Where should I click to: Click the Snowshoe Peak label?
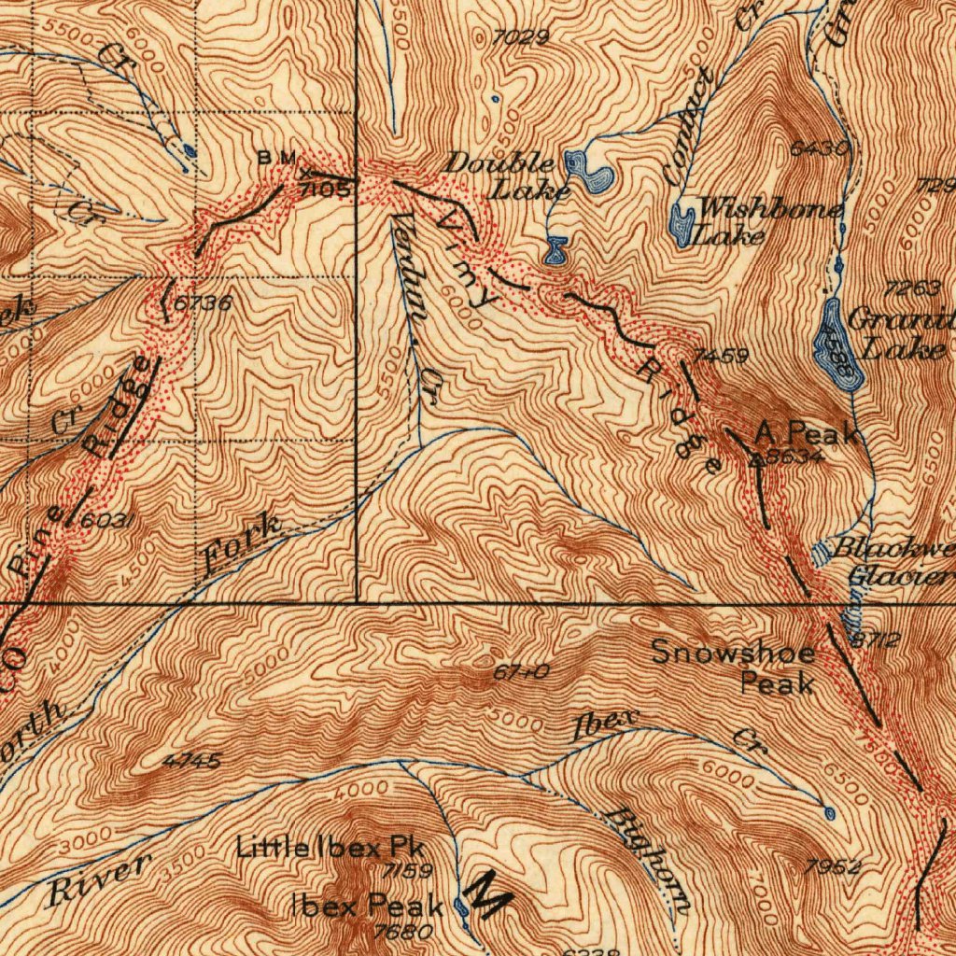(732, 667)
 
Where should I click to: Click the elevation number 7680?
(402, 931)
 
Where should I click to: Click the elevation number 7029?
(522, 37)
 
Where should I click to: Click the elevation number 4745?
(191, 762)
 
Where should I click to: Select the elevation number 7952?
(832, 868)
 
